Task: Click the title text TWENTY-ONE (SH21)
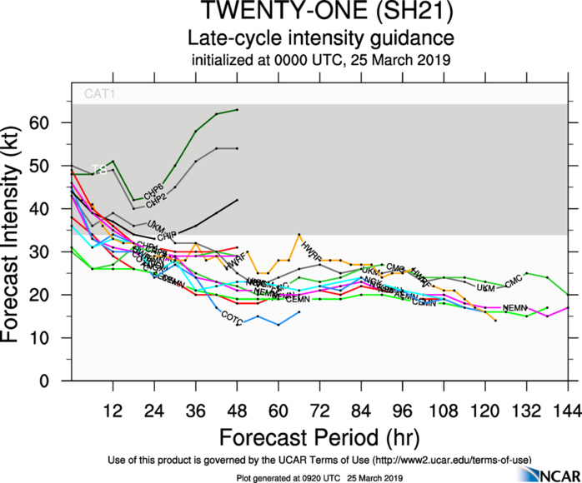pyautogui.click(x=320, y=13)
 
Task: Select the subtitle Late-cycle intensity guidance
pyautogui.click(x=320, y=38)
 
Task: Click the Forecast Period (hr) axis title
pyautogui.click(x=320, y=437)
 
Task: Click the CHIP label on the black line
pyautogui.click(x=168, y=237)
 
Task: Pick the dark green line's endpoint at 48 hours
pyautogui.click(x=238, y=110)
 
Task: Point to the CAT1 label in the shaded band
pyautogui.click(x=98, y=94)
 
